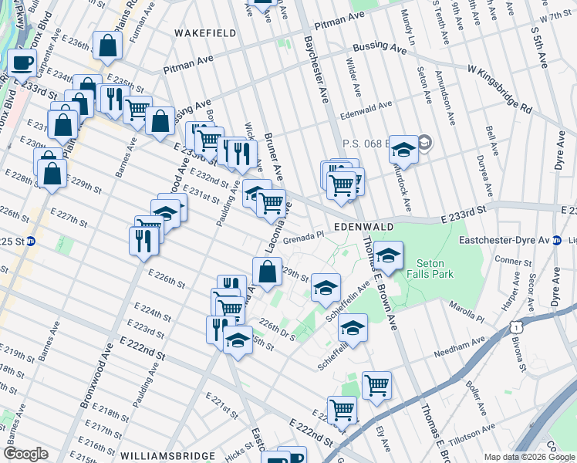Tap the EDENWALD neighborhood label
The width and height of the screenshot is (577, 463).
coord(365,227)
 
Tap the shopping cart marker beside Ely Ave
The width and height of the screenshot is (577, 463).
coord(376,384)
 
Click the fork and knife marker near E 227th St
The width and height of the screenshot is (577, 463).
coord(144,240)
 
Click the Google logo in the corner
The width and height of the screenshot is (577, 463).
coord(26,454)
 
